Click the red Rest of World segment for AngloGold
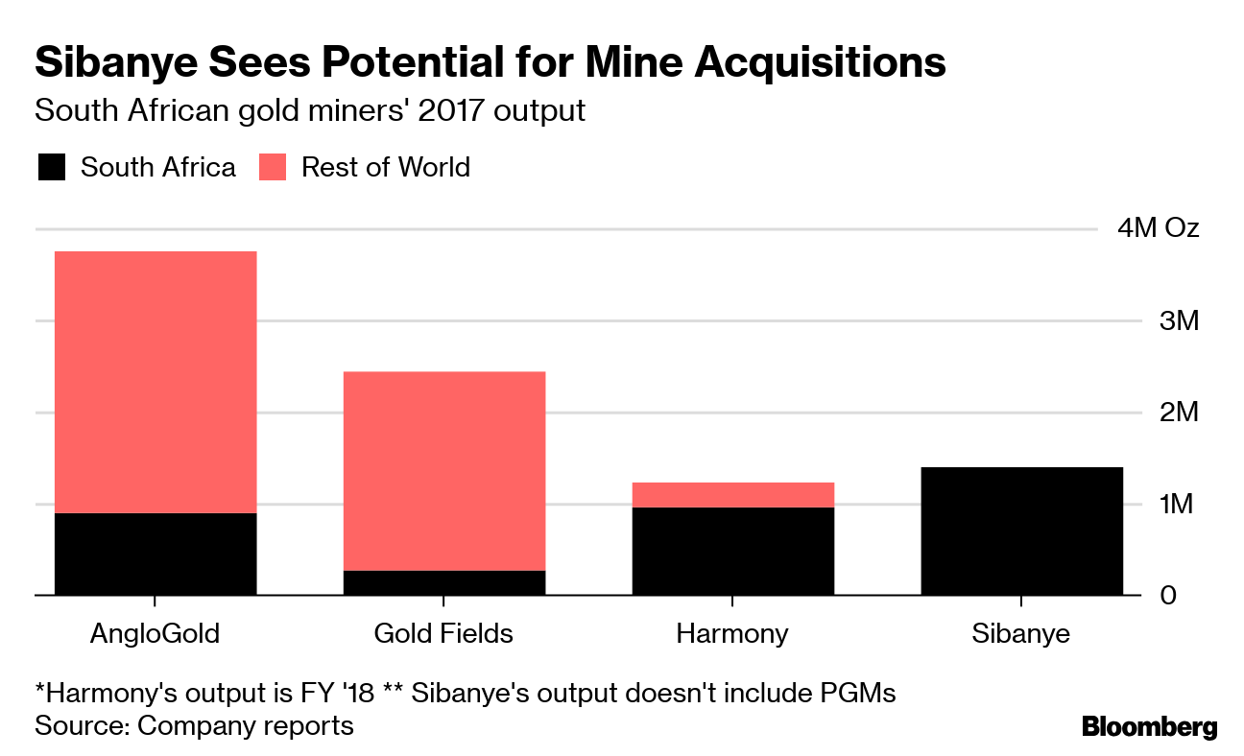click(x=155, y=382)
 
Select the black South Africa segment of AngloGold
click(x=155, y=555)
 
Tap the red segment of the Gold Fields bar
click(x=444, y=470)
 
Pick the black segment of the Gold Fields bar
click(x=444, y=583)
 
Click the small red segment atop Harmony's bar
click(x=732, y=494)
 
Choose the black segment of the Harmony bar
click(x=732, y=552)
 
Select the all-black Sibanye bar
click(x=1021, y=532)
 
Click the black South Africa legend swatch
click(x=52, y=168)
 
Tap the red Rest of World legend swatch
click(x=273, y=168)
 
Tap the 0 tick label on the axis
click(x=1168, y=596)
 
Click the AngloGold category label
click(x=155, y=634)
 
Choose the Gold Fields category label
click(x=443, y=634)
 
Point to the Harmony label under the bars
click(x=732, y=634)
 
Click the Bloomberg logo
click(x=1149, y=727)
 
